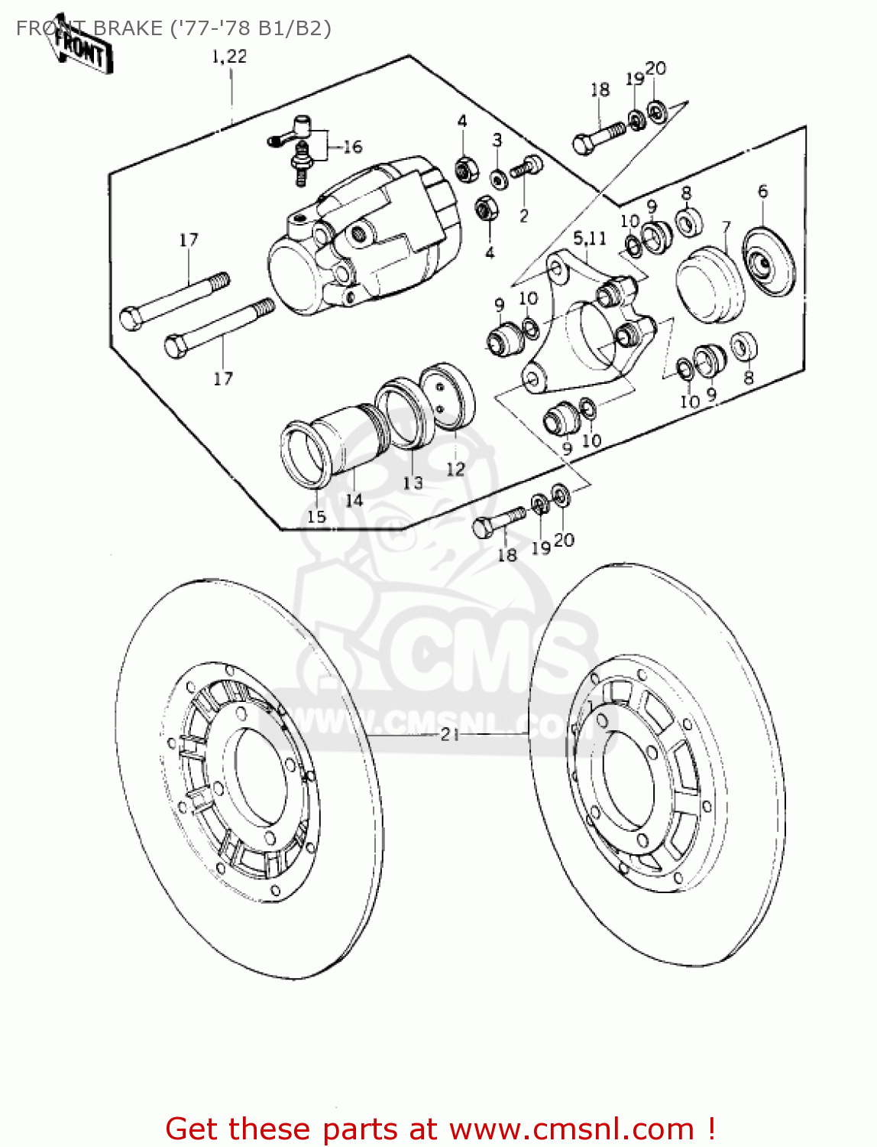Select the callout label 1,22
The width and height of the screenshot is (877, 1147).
point(229,57)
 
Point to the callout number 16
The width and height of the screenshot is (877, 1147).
point(352,147)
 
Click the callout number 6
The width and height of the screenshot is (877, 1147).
point(762,191)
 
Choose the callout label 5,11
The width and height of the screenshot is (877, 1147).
point(590,239)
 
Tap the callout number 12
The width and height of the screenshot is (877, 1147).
point(455,470)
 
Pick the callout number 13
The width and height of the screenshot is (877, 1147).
point(413,483)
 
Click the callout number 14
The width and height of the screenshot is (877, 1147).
point(354,501)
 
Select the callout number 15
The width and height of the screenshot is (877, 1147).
point(316,517)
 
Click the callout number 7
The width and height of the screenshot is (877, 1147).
point(726,227)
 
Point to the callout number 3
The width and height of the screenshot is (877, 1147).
point(497,140)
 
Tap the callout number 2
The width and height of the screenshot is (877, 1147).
point(523,216)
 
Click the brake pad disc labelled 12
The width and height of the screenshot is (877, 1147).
point(448,396)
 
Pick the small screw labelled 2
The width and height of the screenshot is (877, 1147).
point(527,167)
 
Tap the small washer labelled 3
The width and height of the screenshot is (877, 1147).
point(498,180)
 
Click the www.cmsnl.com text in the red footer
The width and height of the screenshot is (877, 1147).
point(571,1129)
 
